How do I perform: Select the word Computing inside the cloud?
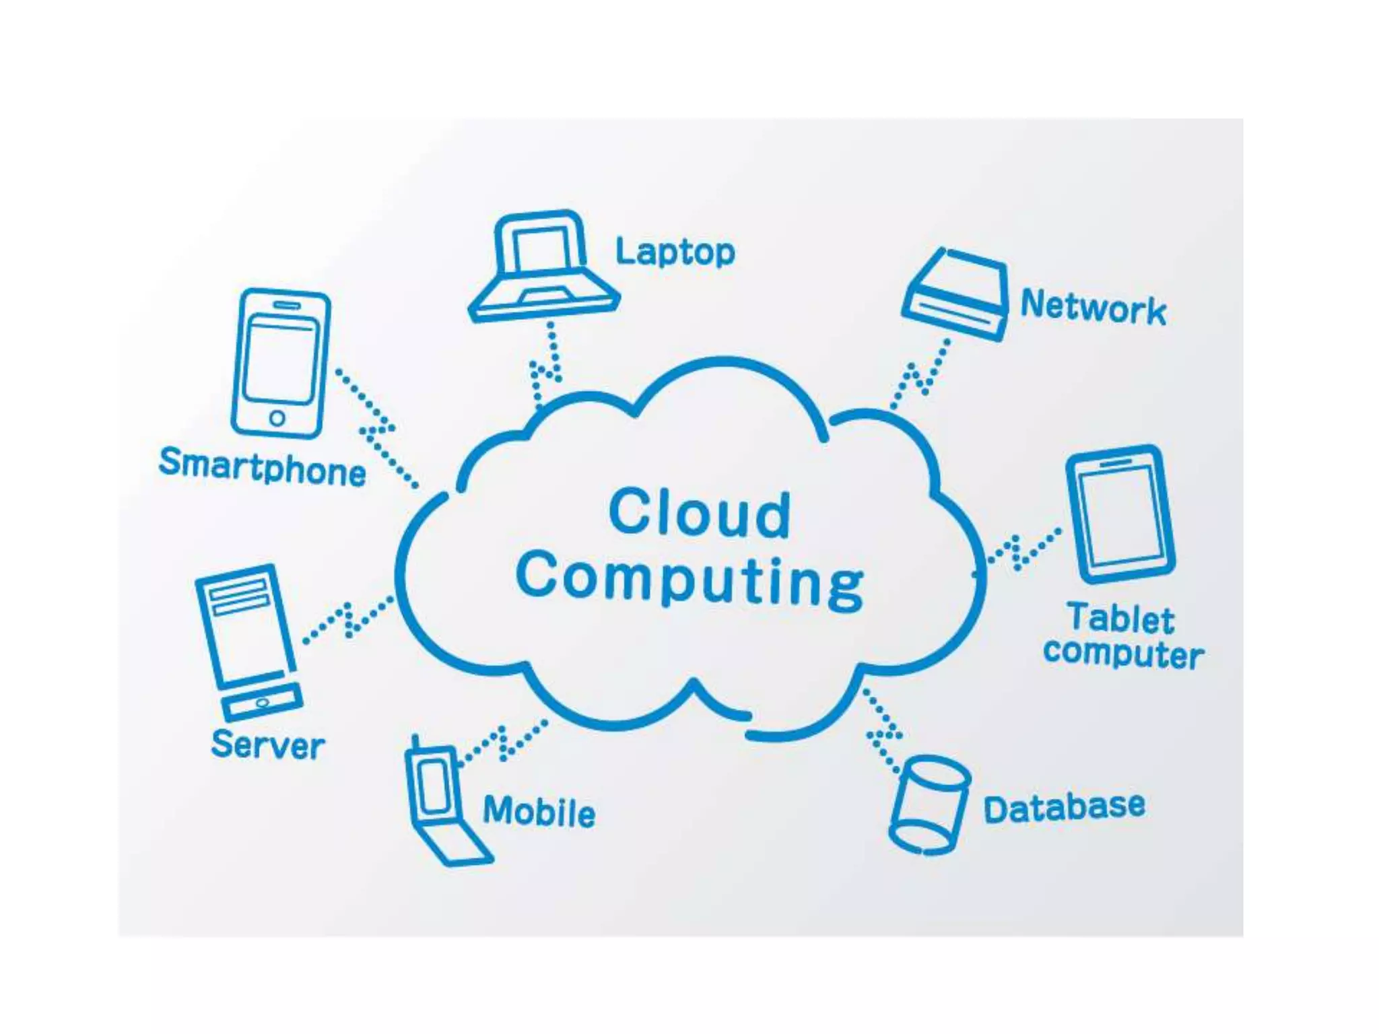(x=689, y=580)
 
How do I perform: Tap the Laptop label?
(x=675, y=252)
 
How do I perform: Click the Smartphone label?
(x=263, y=466)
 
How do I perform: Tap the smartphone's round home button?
(x=277, y=418)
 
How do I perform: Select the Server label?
(x=267, y=744)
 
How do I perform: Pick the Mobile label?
(x=539, y=811)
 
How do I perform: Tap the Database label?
(x=1064, y=807)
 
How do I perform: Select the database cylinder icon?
(x=929, y=804)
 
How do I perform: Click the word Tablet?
(x=1120, y=619)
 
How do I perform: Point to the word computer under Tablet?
(x=1123, y=653)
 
